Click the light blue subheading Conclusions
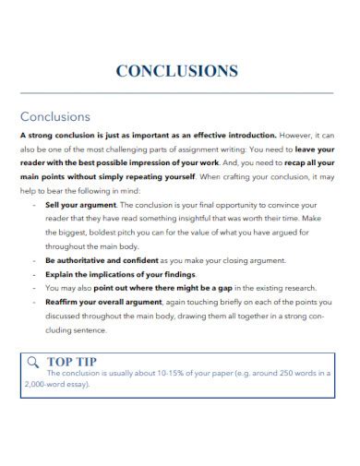click(55, 117)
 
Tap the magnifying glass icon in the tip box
click(33, 360)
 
